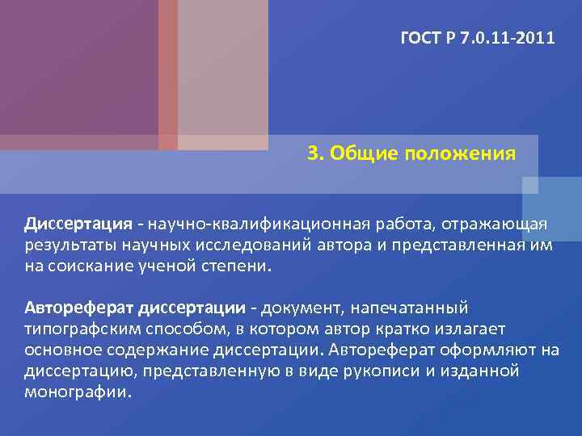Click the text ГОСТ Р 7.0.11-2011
(478, 37)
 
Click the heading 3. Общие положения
(411, 153)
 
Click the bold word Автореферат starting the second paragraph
(79, 308)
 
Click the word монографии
(77, 393)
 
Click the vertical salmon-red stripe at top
(167, 73)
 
